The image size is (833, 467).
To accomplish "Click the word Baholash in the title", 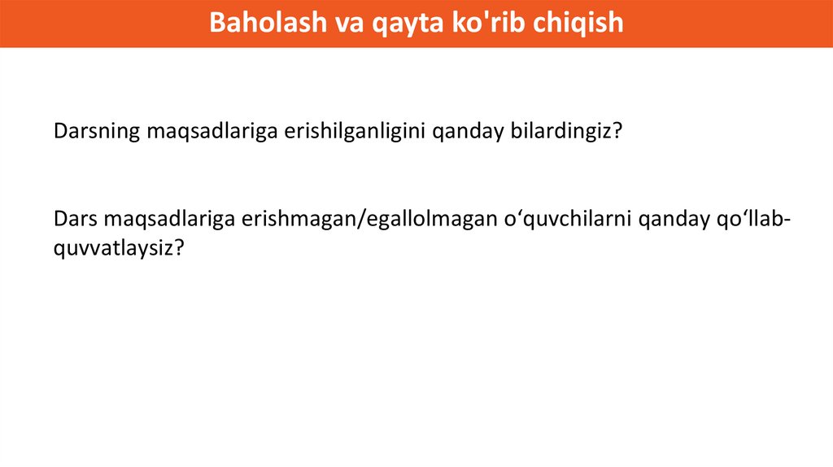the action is point(268,22).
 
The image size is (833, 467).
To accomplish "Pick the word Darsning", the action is point(97,131).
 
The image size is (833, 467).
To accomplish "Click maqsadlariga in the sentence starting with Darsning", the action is point(212,132).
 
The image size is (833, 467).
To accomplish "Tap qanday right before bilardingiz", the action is point(468,132).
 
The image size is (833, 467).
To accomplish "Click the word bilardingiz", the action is point(561,131).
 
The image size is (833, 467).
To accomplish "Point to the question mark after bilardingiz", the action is point(617,131).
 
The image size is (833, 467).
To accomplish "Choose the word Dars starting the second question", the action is point(76,219).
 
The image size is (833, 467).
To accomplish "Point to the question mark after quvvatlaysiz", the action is point(179,247).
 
